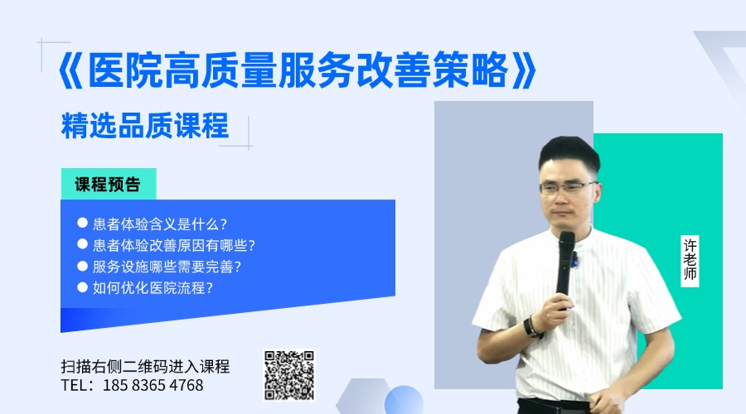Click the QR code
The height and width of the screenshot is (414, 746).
[289, 376]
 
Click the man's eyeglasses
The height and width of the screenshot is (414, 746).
[567, 188]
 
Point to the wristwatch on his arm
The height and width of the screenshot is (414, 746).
[531, 327]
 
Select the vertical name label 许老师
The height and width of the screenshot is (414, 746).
[690, 261]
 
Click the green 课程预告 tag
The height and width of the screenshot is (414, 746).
[109, 184]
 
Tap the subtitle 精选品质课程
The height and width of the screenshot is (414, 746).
[145, 126]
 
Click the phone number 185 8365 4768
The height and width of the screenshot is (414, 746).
[153, 385]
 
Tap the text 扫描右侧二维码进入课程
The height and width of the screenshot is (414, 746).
[145, 367]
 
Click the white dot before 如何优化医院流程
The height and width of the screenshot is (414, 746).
[82, 287]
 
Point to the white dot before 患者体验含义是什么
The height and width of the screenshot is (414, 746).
[82, 223]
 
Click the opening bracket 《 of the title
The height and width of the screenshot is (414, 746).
[70, 70]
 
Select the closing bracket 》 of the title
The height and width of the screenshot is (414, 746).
[525, 70]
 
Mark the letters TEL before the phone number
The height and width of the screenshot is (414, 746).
[75, 385]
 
